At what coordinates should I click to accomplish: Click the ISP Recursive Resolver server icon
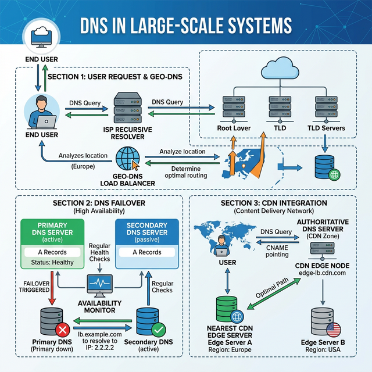click(x=127, y=106)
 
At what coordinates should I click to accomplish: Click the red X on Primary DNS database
click(x=62, y=330)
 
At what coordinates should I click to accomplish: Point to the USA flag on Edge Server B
click(x=334, y=330)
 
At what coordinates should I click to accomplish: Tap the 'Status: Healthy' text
click(x=52, y=263)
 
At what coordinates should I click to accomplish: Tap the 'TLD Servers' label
click(x=326, y=128)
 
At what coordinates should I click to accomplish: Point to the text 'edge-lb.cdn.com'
click(x=322, y=272)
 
